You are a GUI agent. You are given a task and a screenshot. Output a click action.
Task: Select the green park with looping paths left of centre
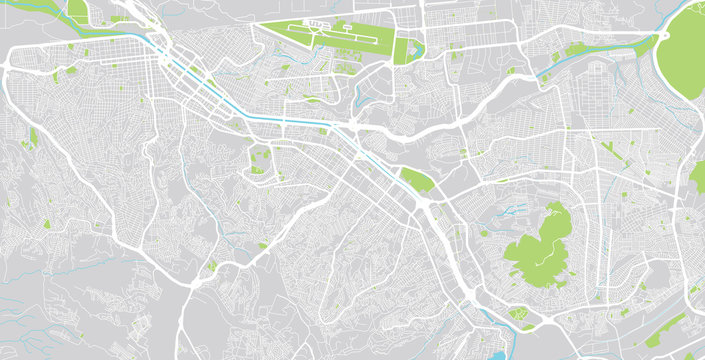coord(260,158)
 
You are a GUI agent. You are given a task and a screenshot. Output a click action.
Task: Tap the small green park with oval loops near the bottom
coord(521,317)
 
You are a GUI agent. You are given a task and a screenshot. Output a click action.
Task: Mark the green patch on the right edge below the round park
coord(697,176)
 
